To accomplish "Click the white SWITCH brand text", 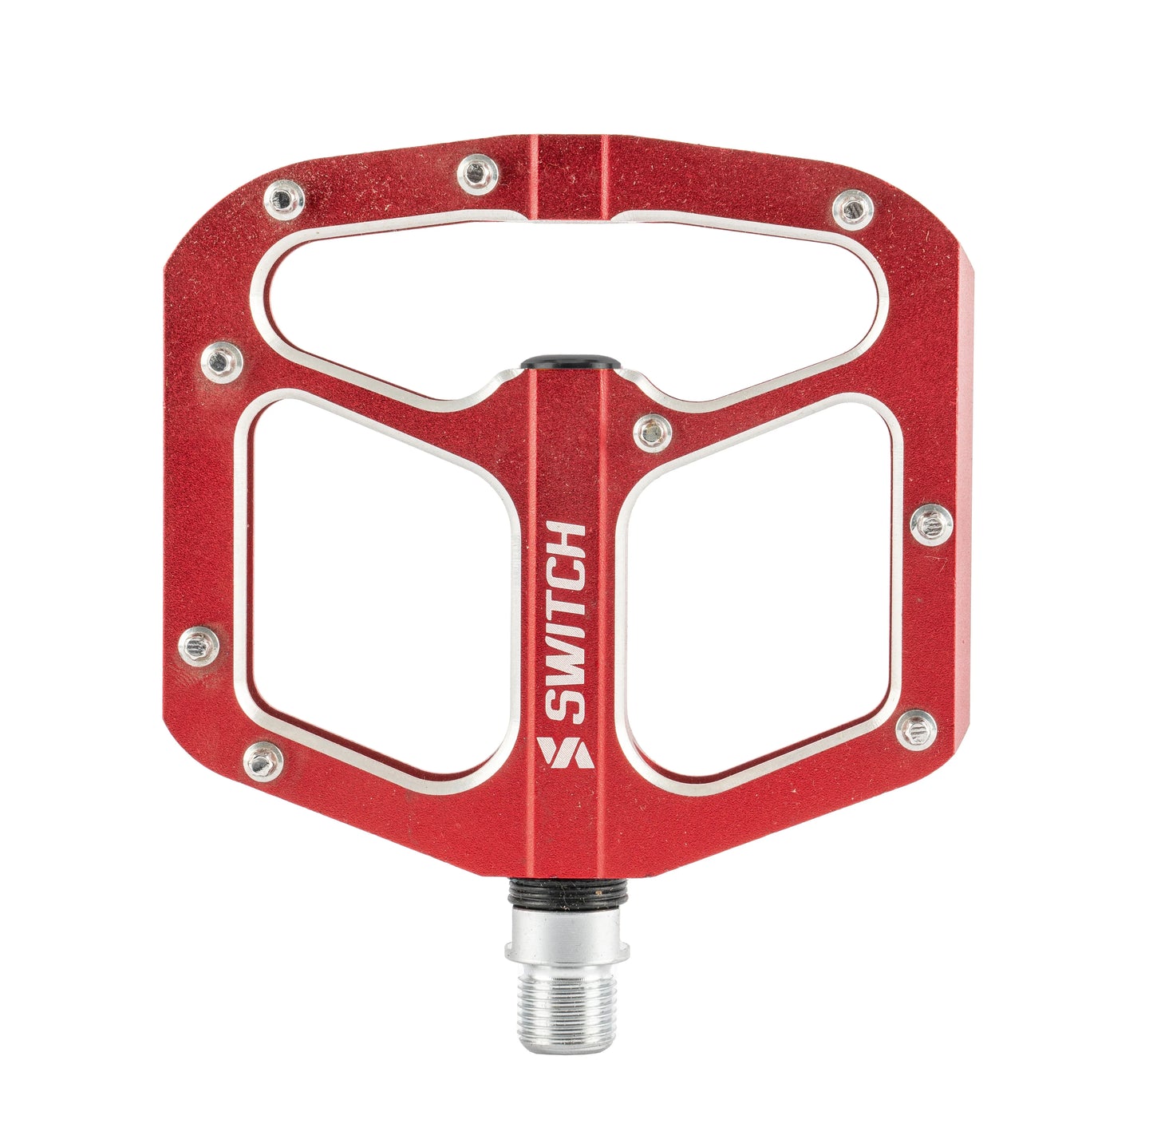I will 569,623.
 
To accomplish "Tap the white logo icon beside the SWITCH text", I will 567,752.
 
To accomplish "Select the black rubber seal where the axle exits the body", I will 567,888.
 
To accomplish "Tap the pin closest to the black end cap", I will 652,433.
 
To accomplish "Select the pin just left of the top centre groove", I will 477,173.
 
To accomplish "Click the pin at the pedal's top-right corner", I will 852,209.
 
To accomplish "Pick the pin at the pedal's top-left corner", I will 283,199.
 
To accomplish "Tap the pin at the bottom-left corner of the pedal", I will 263,761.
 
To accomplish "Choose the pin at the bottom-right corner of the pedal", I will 915,730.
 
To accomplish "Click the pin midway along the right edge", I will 931,524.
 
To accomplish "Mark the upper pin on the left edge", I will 221,362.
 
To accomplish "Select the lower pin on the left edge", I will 198,645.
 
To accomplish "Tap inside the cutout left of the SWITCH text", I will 375,591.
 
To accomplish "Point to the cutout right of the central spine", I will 758,591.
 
